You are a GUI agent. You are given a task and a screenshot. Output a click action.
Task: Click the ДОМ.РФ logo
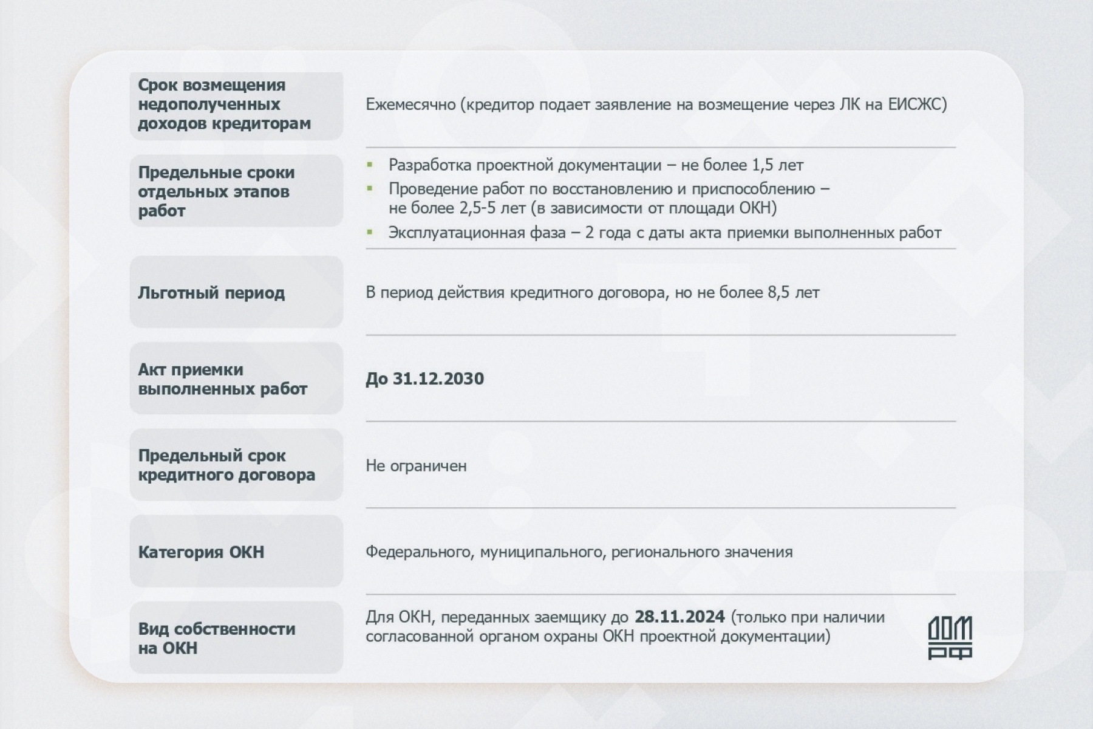(950, 637)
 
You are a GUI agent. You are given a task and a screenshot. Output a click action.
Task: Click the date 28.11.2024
(679, 617)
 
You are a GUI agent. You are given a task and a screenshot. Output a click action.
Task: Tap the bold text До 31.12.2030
(424, 379)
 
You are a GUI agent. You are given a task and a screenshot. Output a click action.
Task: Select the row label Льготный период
(211, 293)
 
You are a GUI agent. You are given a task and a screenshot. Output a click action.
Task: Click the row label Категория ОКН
(201, 552)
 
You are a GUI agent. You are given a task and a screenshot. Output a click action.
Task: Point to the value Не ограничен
(416, 466)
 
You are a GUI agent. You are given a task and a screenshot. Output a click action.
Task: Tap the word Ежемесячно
(410, 104)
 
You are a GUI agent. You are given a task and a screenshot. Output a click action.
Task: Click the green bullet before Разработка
(369, 165)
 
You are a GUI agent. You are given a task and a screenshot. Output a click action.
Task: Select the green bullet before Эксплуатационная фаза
(369, 232)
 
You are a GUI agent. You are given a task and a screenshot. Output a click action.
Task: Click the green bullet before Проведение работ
(369, 189)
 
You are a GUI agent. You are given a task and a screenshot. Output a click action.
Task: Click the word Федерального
(418, 552)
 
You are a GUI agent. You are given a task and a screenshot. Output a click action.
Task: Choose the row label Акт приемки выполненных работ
(222, 379)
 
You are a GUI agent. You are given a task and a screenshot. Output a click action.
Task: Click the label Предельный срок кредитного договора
(226, 465)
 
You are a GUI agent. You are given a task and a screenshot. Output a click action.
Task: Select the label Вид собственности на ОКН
(216, 638)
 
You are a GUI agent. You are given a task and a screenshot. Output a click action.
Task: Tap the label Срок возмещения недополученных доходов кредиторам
(224, 104)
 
